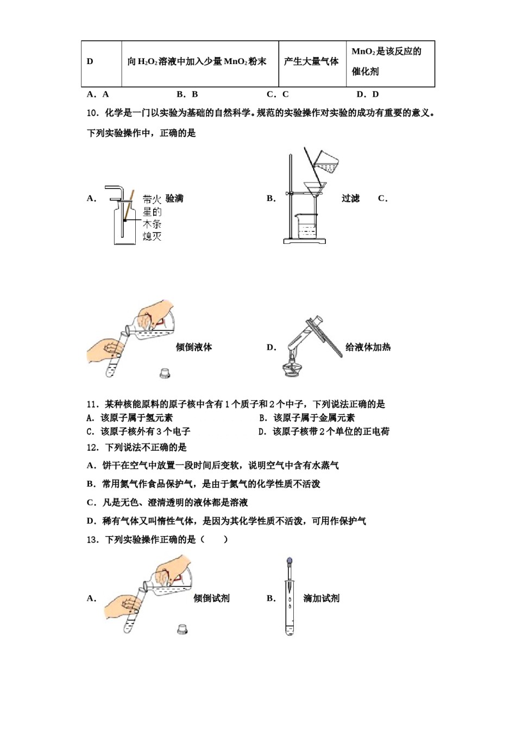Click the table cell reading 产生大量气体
pos(311,62)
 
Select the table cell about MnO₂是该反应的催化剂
pos(389,62)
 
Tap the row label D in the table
pos(90,62)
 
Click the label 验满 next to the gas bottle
pos(174,198)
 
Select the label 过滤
pos(351,198)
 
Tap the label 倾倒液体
pos(194,347)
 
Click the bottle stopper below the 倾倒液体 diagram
pos(165,373)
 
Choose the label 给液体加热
pos(368,347)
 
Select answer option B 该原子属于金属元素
pos(308,418)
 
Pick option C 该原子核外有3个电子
pos(139,431)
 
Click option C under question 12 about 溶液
pos(168,502)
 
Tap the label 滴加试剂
pos(321,598)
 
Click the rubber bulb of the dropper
pos(290,561)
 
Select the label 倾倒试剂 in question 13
pos(212,598)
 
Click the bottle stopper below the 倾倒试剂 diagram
pos(183,629)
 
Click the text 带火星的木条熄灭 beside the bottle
pos(152,217)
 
